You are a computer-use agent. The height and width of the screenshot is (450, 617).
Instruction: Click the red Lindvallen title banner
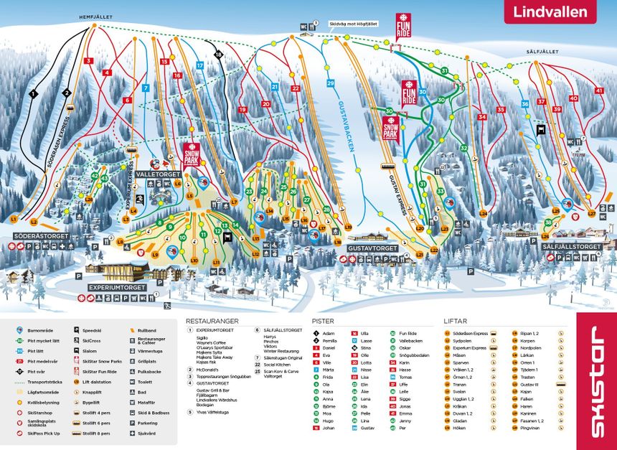pos(550,12)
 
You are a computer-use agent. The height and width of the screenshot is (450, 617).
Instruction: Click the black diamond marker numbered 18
pos(219,55)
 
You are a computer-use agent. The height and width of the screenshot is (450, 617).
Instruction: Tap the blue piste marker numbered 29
pos(331,84)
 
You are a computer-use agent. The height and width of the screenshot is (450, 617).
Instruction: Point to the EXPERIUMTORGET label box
pos(118,287)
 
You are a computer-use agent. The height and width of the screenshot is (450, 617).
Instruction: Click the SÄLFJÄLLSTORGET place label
pos(570,247)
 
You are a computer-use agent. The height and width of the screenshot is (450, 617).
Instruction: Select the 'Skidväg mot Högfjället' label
pos(353,24)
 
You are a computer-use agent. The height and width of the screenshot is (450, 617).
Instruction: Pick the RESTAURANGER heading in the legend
pos(212,321)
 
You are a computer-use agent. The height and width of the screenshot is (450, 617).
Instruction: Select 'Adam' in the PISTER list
pos(329,333)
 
